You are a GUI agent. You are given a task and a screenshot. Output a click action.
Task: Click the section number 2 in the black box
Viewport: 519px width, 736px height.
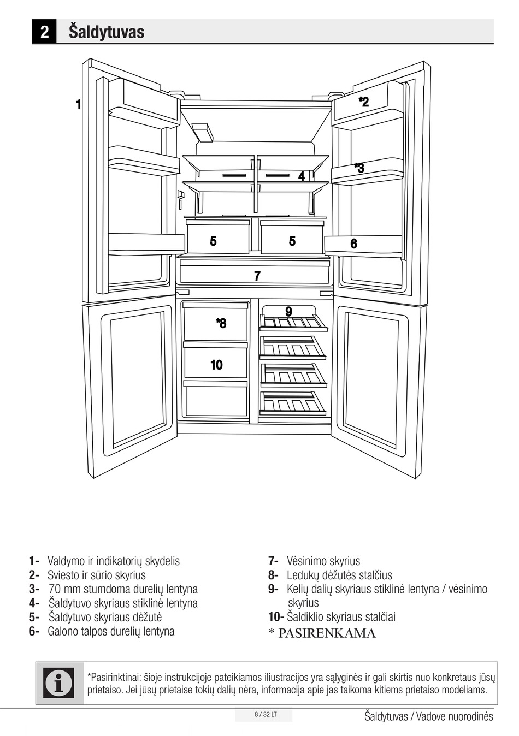(x=44, y=32)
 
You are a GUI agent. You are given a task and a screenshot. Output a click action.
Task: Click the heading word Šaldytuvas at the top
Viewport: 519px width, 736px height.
(x=107, y=32)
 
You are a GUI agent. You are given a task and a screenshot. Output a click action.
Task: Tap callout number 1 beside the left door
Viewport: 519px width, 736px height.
(x=79, y=104)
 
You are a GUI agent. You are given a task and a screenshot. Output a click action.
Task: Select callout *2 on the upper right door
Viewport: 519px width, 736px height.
(x=364, y=102)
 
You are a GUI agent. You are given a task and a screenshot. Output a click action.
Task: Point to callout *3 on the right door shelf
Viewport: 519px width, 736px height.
(x=359, y=168)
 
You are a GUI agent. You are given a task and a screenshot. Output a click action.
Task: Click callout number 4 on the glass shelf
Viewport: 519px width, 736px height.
(x=301, y=176)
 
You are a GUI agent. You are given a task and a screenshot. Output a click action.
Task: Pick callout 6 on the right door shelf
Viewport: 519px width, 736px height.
(x=354, y=244)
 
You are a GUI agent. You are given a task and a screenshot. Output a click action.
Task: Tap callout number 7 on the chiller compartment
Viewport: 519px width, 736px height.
(x=257, y=276)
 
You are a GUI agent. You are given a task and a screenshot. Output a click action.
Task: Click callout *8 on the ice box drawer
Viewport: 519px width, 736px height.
(x=221, y=323)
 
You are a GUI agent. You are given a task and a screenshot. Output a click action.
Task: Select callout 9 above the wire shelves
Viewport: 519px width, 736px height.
(x=288, y=311)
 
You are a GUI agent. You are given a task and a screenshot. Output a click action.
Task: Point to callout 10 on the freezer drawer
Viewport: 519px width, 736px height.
(x=216, y=365)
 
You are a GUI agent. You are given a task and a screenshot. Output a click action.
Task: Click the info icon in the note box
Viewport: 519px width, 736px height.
(x=59, y=682)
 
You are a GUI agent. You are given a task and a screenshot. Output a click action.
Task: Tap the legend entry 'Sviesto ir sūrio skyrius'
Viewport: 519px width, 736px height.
(x=97, y=575)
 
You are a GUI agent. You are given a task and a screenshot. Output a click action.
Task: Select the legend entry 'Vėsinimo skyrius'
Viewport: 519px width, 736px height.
(x=323, y=561)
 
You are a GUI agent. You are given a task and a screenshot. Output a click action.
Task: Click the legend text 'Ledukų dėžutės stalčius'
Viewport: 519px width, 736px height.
(x=339, y=575)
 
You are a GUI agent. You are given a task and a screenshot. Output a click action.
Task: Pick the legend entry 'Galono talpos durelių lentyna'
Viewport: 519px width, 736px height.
(x=111, y=631)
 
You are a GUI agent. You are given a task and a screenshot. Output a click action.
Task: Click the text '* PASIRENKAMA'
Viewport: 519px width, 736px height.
(x=322, y=633)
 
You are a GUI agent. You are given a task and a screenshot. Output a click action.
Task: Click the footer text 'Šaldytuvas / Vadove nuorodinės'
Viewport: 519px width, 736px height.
(x=428, y=716)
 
